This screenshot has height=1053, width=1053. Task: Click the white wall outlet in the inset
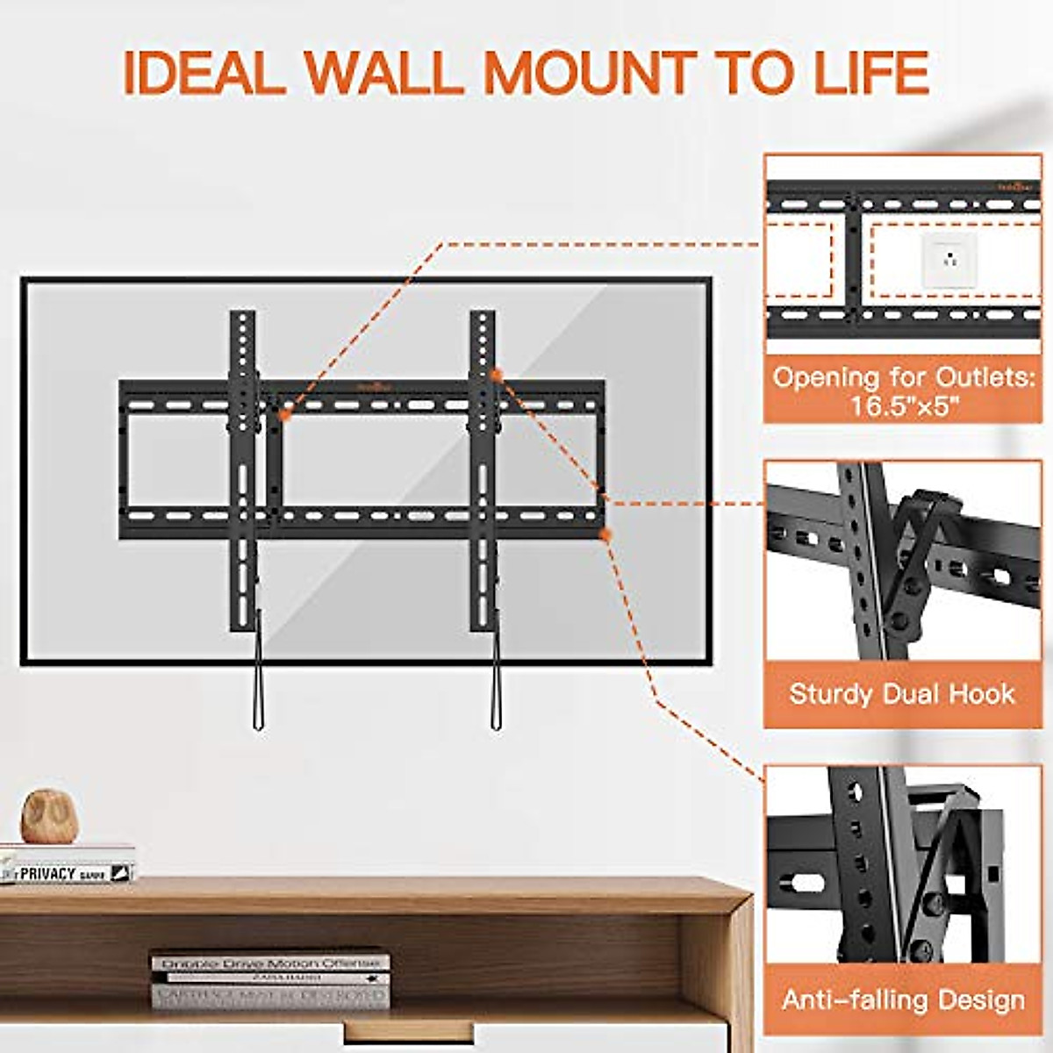coord(946,260)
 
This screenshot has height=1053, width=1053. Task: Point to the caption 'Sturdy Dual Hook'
coord(902,694)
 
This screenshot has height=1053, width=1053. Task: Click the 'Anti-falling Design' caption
coord(903,999)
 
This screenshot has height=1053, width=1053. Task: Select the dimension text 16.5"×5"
coord(903,406)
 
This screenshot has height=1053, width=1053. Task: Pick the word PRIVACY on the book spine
coord(49,874)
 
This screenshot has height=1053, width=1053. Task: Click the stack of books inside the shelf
coord(270,978)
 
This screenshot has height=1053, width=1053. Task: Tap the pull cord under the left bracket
coord(258,676)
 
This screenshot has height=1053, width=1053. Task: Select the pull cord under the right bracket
coord(497,676)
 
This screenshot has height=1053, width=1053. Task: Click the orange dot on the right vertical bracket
coord(496,376)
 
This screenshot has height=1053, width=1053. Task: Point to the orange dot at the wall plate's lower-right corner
coord(603,533)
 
